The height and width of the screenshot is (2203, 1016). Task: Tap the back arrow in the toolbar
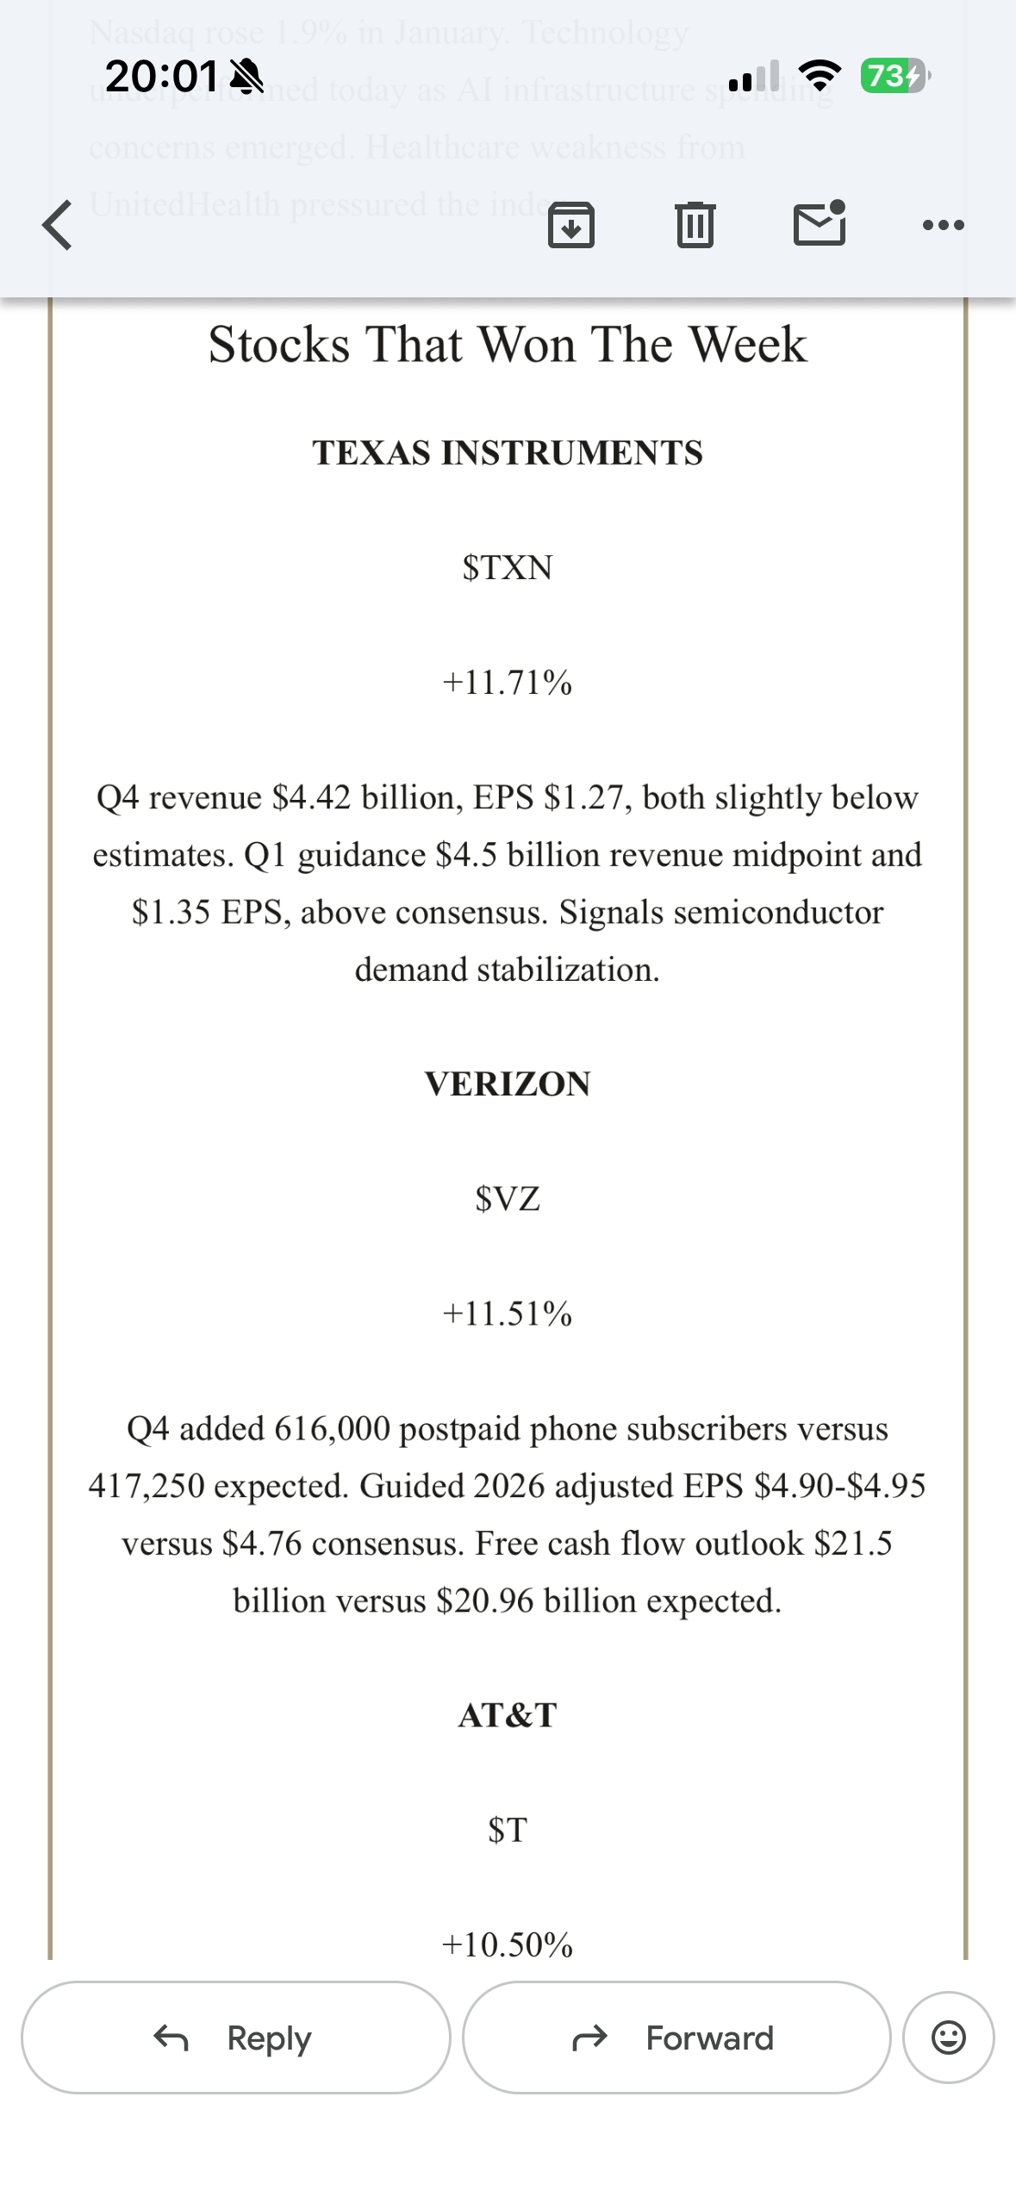click(57, 225)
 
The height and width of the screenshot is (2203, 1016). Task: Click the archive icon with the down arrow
click(570, 225)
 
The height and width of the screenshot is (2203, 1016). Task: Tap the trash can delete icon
click(695, 225)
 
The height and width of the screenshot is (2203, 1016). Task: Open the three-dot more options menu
click(943, 226)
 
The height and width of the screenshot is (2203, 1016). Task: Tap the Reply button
click(235, 2038)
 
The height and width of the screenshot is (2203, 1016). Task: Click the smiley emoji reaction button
click(948, 2038)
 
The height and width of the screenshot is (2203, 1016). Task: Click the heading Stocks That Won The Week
click(508, 345)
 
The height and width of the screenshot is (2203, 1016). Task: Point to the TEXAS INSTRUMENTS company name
click(508, 452)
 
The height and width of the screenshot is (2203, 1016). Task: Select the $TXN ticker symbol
click(508, 568)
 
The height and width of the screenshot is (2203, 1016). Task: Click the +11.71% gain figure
click(508, 683)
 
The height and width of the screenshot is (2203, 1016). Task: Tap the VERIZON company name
click(508, 1084)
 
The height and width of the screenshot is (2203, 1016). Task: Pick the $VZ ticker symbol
click(508, 1199)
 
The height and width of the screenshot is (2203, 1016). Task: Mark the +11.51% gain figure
click(508, 1314)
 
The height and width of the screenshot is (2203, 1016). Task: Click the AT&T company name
click(508, 1715)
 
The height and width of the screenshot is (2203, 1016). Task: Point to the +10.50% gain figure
click(508, 1944)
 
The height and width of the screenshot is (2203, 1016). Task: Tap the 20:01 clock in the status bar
click(161, 76)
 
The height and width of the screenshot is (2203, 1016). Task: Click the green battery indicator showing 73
click(893, 76)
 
